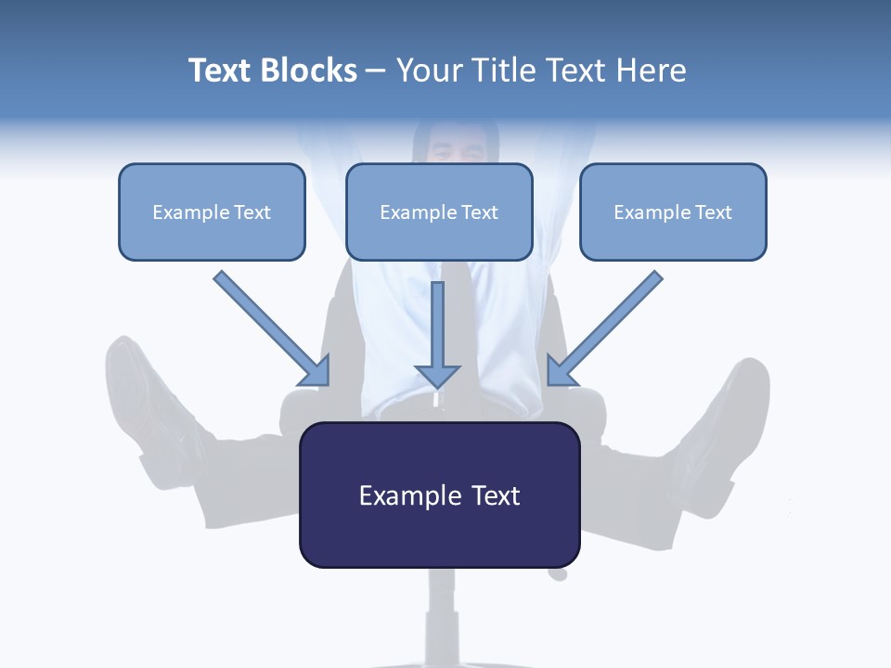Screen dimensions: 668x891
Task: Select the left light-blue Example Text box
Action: (x=212, y=212)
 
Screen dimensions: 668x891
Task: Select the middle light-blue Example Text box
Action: (x=439, y=212)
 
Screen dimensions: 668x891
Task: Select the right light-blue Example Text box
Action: (x=673, y=212)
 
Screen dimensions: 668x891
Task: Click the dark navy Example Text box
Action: (x=439, y=495)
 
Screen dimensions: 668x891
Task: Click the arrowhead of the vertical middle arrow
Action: (x=437, y=376)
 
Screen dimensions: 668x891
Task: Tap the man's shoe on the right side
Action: (x=738, y=399)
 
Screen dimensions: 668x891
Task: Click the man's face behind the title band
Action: (x=455, y=144)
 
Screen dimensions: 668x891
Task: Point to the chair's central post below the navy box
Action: (x=443, y=603)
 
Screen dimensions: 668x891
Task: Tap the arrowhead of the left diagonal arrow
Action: (x=316, y=371)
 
